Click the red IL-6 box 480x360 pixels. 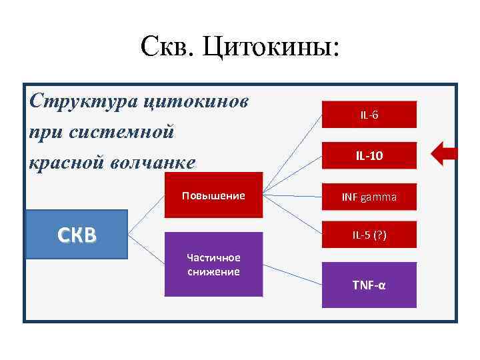tap(369, 114)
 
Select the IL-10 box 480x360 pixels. tap(369, 155)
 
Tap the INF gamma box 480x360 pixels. tap(369, 197)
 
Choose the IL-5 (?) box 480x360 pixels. tap(369, 235)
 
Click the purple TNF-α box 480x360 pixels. tap(369, 285)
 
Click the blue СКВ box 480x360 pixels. tap(76, 234)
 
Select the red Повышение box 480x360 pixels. tap(213, 195)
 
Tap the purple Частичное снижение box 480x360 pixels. tap(213, 264)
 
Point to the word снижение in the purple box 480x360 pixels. tap(213, 272)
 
